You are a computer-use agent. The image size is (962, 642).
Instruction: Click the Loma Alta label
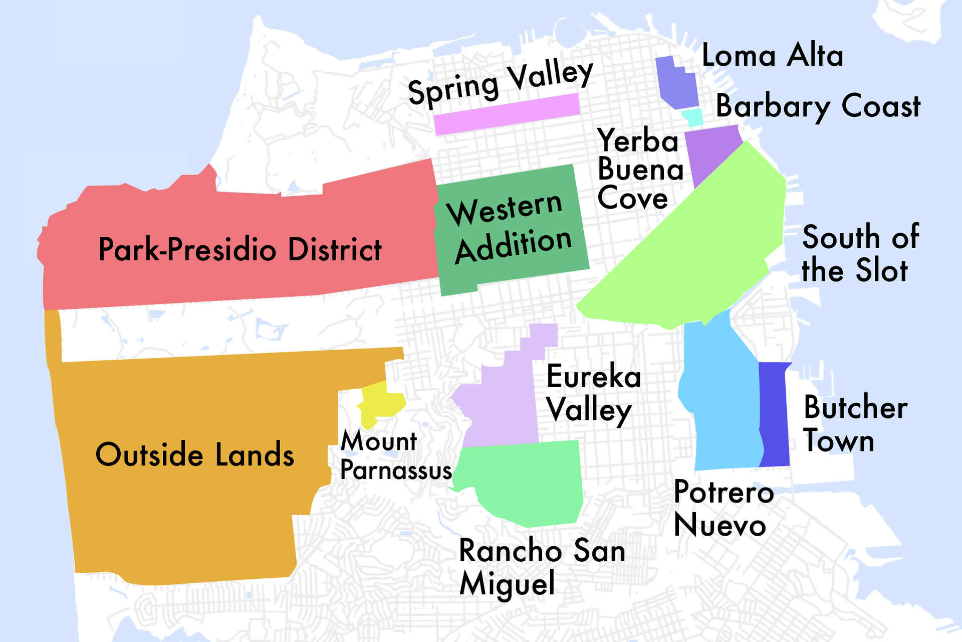pyautogui.click(x=772, y=55)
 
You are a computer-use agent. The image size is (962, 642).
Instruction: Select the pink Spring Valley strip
pyautogui.click(x=506, y=114)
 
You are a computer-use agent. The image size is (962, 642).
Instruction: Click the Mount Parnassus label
pyautogui.click(x=395, y=455)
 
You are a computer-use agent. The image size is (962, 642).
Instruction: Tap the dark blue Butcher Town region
pyautogui.click(x=775, y=414)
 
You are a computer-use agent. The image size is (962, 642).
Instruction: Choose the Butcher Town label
pyautogui.click(x=855, y=424)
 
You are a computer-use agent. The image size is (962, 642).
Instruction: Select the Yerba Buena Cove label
pyautogui.click(x=640, y=170)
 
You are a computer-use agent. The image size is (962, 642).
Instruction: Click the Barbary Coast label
pyautogui.click(x=818, y=106)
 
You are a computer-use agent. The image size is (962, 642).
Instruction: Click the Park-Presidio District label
pyautogui.click(x=239, y=249)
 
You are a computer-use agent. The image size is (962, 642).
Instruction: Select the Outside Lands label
pyautogui.click(x=194, y=455)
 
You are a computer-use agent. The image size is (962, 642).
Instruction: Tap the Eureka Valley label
pyautogui.click(x=593, y=394)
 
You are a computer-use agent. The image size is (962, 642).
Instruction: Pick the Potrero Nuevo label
pyautogui.click(x=723, y=508)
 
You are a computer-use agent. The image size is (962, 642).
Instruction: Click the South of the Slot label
pyautogui.click(x=859, y=253)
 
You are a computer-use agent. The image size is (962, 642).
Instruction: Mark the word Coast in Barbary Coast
pyautogui.click(x=880, y=106)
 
